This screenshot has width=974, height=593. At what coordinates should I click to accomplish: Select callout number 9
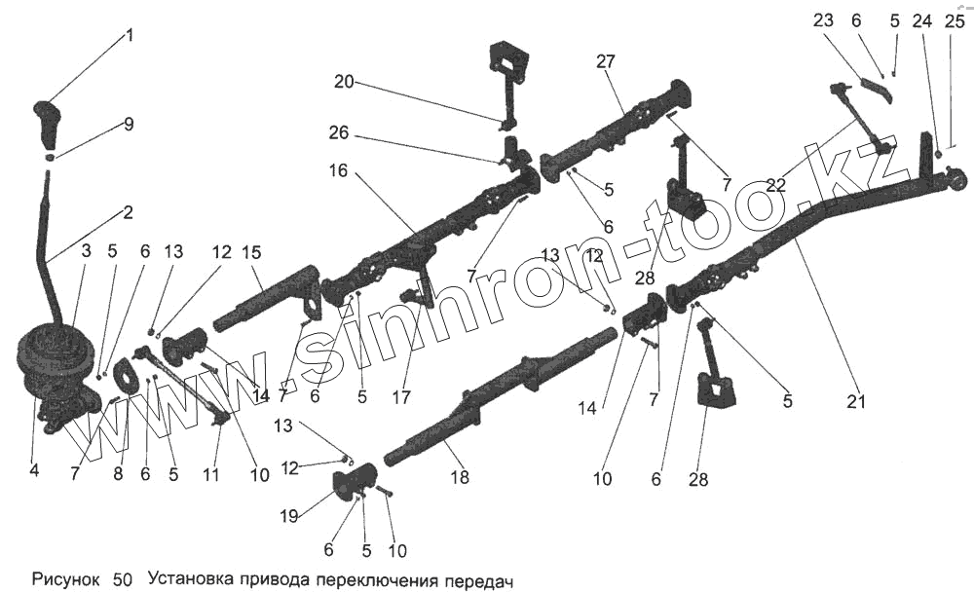129,125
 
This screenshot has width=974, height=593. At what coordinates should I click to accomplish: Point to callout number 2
128,211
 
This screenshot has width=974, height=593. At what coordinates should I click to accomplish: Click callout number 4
34,470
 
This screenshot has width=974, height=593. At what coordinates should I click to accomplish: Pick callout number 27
606,61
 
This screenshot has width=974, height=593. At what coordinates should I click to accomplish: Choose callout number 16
338,171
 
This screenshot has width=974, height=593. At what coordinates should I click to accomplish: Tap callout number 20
343,83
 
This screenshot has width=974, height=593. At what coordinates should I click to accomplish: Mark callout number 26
338,132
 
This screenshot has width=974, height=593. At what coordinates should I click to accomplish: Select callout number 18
460,478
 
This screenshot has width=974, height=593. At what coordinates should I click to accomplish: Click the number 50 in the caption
123,578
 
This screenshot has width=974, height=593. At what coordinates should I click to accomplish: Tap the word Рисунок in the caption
65,578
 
